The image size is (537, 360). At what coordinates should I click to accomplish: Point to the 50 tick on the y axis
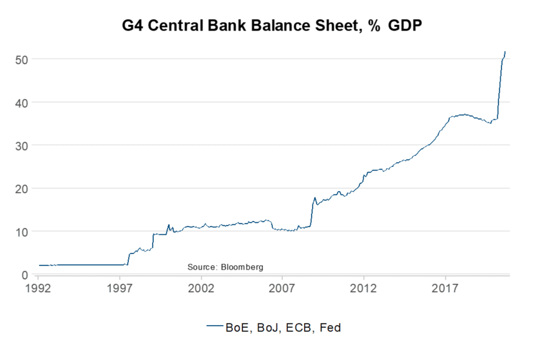[x=22, y=59]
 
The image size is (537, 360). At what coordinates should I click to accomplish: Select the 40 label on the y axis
[x=22, y=102]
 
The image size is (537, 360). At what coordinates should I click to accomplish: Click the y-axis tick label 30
[x=22, y=145]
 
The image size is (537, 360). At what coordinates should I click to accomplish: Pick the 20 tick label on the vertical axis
[x=22, y=188]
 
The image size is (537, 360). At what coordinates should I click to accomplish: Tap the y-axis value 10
[x=22, y=232]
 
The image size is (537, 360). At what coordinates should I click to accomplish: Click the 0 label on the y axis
[x=25, y=275]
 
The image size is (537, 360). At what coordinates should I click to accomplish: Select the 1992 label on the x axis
[x=39, y=288]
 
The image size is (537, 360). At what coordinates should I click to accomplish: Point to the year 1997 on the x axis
[x=120, y=288]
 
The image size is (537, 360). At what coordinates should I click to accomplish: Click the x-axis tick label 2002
[x=201, y=288]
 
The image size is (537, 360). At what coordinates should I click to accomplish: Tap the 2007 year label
[x=282, y=288]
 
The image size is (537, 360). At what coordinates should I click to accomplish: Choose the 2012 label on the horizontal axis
[x=364, y=288]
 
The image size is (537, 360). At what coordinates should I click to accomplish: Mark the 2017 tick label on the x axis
[x=445, y=288]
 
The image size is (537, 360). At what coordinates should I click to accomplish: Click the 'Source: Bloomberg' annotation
[x=226, y=267]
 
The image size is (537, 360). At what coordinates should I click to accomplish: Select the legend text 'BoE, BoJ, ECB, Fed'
[x=283, y=326]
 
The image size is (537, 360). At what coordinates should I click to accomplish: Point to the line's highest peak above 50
[x=505, y=52]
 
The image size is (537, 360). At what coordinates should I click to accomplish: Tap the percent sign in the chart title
[x=374, y=26]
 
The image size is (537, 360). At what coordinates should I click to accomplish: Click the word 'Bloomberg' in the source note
[x=240, y=267]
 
